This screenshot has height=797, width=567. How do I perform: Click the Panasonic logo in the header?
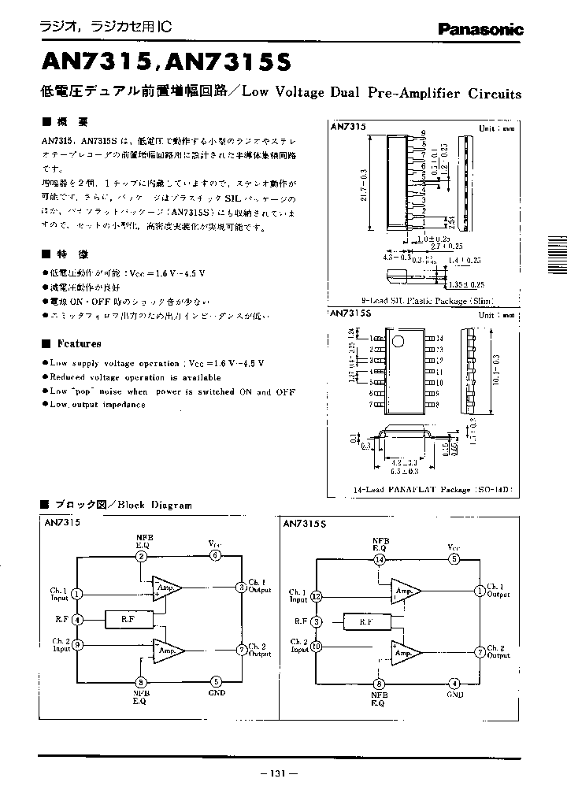(480, 30)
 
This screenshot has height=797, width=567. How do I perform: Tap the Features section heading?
(79, 343)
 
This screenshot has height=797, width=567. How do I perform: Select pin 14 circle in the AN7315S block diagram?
(380, 559)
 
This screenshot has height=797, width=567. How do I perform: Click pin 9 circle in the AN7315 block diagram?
(77, 645)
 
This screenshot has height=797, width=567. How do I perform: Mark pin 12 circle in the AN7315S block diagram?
(316, 596)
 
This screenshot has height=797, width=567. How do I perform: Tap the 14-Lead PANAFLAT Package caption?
(432, 489)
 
